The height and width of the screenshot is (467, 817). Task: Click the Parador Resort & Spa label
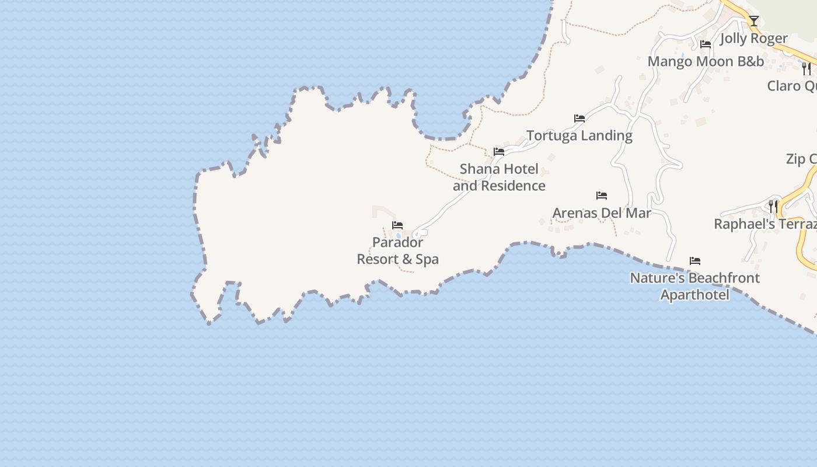pos(397,251)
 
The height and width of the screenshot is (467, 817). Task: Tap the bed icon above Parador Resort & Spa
pos(397,225)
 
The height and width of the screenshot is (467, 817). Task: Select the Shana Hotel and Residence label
pos(499,177)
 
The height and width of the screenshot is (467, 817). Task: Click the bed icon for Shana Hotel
pos(499,151)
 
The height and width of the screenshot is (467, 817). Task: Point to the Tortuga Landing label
pos(579,135)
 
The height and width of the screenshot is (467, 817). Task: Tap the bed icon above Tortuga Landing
pos(579,118)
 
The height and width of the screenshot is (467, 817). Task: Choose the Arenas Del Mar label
pos(602,213)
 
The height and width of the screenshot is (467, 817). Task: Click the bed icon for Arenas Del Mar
pos(602,195)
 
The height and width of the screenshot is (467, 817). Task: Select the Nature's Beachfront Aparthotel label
pos(694,286)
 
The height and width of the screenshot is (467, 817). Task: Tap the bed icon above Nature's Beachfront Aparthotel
pos(695,260)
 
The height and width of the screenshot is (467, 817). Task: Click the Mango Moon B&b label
pos(706,61)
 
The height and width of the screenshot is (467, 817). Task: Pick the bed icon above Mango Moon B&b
pos(706,44)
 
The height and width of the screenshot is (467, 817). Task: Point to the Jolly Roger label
pos(754,39)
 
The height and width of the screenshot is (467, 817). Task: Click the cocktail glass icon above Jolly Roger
pos(754,21)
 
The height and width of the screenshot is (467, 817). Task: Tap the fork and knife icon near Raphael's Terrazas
pos(773,206)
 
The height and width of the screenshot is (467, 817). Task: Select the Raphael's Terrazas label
pos(765,224)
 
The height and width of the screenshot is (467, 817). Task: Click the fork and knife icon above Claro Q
pos(806,69)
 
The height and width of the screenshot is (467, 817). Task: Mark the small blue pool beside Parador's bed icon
pos(399,236)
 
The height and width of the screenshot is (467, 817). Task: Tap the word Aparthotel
pos(694,295)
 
